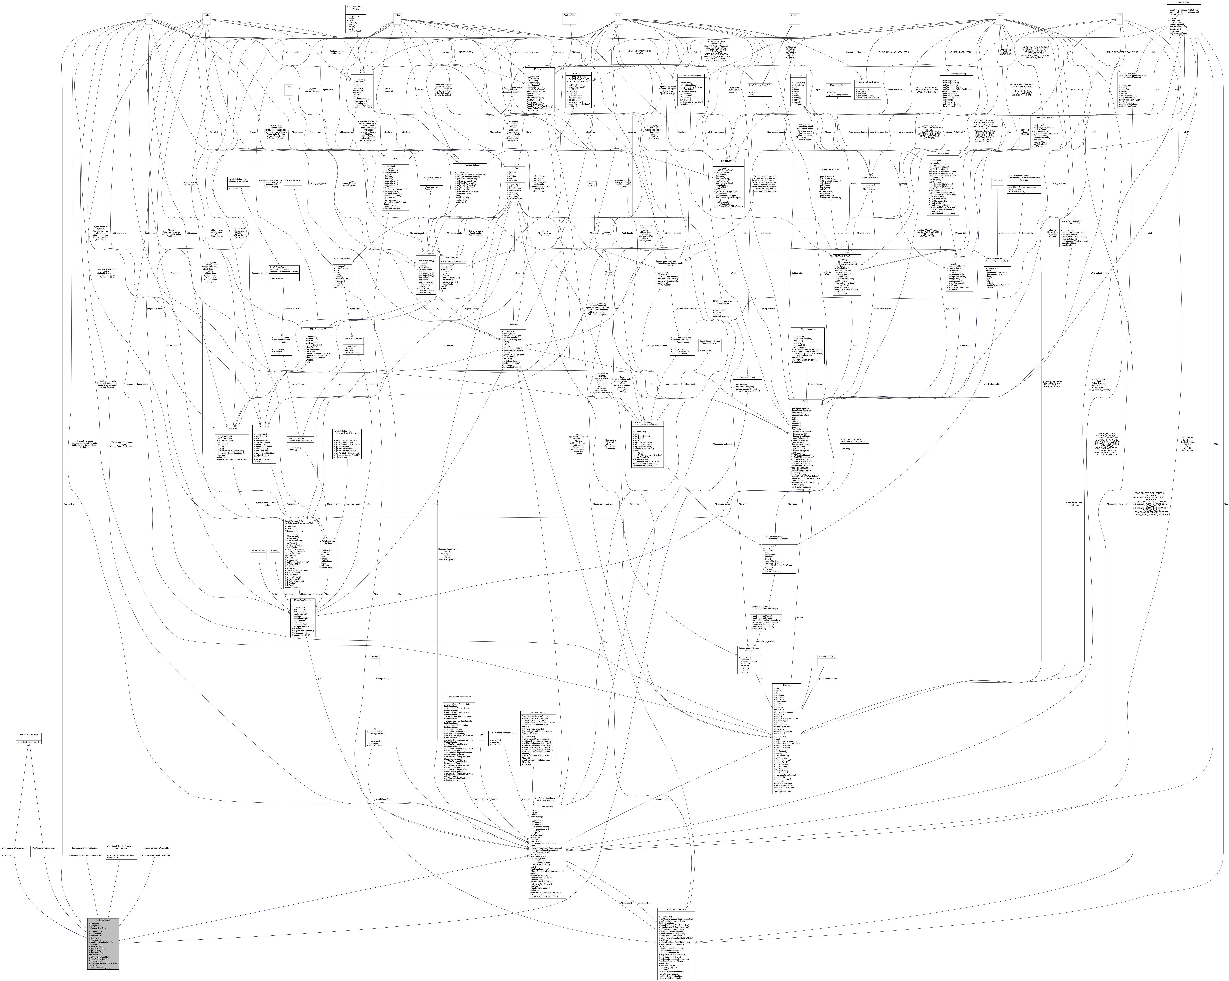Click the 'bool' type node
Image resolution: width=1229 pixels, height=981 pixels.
point(148,15)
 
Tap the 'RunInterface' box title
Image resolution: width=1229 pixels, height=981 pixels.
point(568,15)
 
